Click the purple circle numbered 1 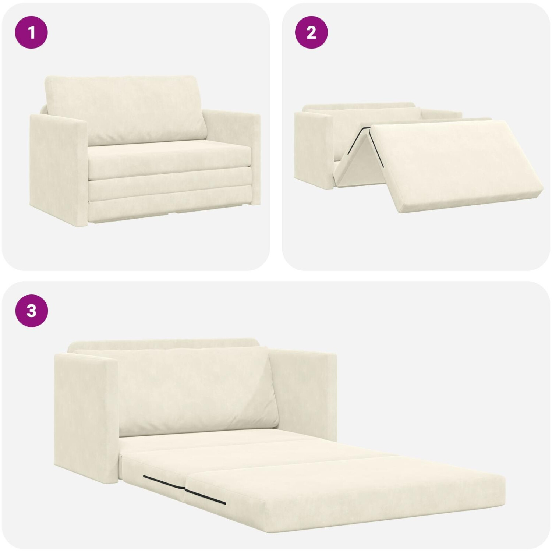tap(31, 33)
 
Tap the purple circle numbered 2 tap(311, 33)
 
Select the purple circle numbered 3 tap(31, 311)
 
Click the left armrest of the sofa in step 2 tap(315, 149)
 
